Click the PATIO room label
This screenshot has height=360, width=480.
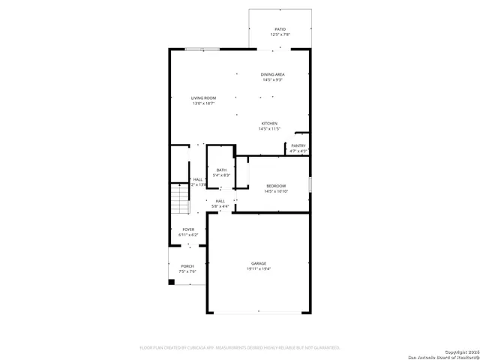coord(280,28)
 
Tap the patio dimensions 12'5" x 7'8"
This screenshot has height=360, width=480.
coord(280,34)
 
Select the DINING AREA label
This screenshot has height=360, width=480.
coord(272,74)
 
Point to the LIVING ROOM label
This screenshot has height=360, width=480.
coord(203,98)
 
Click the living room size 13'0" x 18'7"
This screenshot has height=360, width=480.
coord(203,104)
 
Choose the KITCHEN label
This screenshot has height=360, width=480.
coord(269,123)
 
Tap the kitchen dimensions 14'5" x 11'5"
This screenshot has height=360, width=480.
coord(269,129)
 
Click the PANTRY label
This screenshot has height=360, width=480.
coord(298,145)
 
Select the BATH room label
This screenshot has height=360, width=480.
coord(221,170)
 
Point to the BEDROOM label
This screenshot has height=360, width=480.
coord(275,185)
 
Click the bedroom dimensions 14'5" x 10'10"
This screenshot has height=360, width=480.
coord(275,191)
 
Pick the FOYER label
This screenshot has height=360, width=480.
coord(188,229)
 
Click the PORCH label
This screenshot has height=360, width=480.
coord(187,266)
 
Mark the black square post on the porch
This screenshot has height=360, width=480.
coord(172,282)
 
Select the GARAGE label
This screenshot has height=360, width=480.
coord(259,263)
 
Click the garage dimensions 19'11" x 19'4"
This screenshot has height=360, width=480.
coord(259,269)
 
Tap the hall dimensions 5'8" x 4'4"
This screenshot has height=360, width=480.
coord(220,206)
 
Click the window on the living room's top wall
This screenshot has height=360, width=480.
coord(202,49)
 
